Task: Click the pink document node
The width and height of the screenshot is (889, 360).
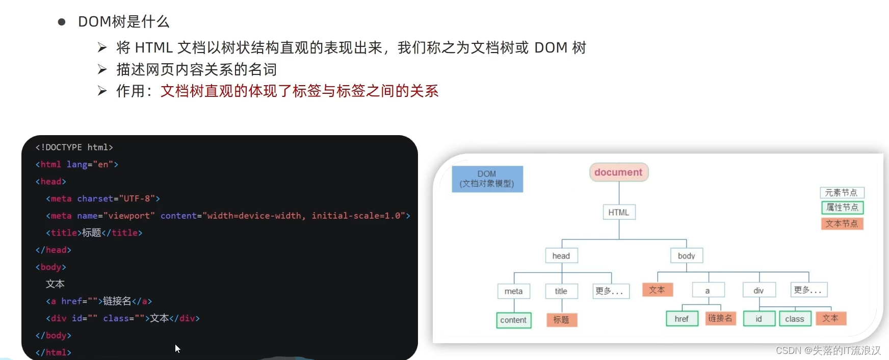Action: tap(618, 172)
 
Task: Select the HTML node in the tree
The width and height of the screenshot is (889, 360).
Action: tap(618, 212)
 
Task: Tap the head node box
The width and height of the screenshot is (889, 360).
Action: tap(561, 255)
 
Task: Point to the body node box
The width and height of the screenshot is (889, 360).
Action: tap(686, 255)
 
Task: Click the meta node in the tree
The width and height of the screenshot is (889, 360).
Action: tap(513, 291)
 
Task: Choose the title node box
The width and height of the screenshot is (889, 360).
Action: tap(561, 291)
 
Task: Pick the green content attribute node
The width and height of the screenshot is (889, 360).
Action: tap(513, 320)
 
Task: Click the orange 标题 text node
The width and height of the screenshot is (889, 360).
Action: tap(561, 320)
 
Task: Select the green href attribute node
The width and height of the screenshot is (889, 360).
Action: tap(682, 319)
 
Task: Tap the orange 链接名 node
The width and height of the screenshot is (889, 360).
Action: tap(720, 318)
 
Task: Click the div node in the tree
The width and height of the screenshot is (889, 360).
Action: tap(759, 291)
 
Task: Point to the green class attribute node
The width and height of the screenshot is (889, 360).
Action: tap(795, 319)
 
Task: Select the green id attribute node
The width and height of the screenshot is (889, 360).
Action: tap(759, 319)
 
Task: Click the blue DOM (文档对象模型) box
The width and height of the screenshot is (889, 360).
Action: tap(487, 179)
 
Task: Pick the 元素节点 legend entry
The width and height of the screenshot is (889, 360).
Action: tap(842, 193)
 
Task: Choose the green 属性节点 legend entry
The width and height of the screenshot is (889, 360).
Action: tap(842, 208)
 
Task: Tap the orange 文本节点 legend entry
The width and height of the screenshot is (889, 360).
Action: tap(842, 223)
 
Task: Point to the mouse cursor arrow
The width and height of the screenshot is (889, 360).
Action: tap(177, 348)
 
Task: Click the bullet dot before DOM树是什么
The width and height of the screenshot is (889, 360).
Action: tap(62, 22)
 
